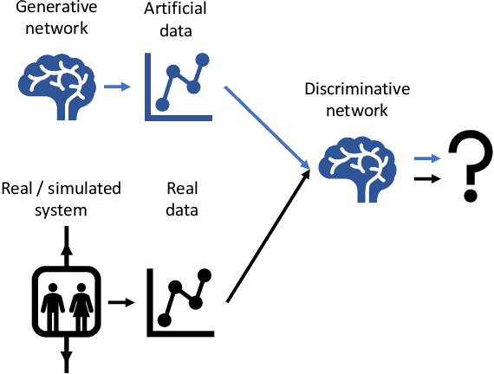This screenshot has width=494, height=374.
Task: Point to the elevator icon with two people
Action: [67, 300]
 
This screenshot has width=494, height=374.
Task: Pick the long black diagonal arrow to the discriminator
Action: [267, 236]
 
